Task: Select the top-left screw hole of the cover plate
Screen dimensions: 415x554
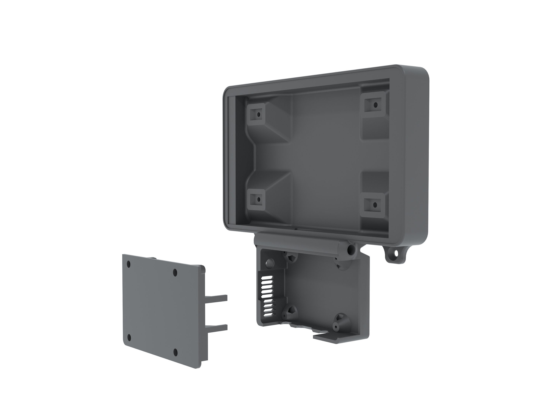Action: [129, 264]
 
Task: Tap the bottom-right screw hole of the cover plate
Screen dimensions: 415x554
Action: [176, 353]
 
